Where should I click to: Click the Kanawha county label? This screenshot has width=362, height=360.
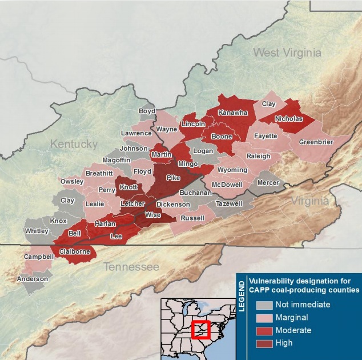[232, 113]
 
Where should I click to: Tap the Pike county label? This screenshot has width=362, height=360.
[172, 178]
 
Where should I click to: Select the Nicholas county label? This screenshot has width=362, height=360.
[288, 119]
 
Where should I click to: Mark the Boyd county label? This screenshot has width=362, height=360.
[147, 111]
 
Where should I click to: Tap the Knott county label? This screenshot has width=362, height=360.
[128, 187]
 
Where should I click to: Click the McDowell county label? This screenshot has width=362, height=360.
[228, 185]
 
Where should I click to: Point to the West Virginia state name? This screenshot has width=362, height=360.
[287, 53]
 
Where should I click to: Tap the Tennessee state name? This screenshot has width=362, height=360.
[131, 267]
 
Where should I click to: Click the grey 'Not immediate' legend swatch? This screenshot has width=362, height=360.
[264, 305]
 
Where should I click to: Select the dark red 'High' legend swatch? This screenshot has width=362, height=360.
[264, 343]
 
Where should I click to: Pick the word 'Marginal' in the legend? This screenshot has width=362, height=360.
[292, 318]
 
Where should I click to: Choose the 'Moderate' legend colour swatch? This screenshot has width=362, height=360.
[264, 330]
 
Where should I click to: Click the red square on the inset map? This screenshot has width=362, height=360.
[200, 330]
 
